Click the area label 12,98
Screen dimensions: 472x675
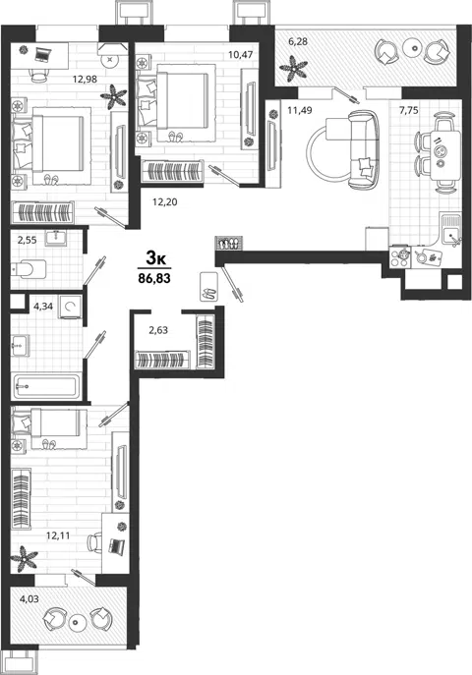coord(85,80)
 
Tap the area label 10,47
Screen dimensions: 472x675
coord(240,55)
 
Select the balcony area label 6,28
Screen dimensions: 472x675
coord(298,41)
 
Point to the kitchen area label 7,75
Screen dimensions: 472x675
coord(409,111)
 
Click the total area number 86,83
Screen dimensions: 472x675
coord(154,278)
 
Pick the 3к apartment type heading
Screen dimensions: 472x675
coord(156,258)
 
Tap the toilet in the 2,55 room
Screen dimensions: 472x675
coord(29,269)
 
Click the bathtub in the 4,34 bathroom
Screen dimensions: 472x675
coord(46,386)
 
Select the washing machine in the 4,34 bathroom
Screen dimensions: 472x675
coord(70,307)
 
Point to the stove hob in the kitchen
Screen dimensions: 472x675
coord(400,257)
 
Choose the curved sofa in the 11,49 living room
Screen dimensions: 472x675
coord(363,149)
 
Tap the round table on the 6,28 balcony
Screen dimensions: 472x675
coord(413,47)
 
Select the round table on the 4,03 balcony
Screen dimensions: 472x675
coord(77,622)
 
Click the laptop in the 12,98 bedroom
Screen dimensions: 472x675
coord(41,55)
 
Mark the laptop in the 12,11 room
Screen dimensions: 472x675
coord(116,546)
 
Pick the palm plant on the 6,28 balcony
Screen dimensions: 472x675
coord(293,69)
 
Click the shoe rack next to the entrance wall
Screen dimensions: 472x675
coord(229,244)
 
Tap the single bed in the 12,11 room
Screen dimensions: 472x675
coord(48,422)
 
